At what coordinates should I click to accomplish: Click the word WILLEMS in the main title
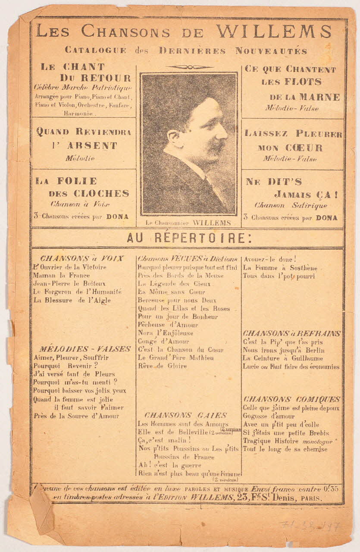pos(274,31)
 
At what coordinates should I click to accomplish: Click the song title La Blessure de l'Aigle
pos(72,300)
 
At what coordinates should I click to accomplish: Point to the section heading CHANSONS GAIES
pos(186,415)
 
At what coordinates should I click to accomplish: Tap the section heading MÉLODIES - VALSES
pos(85,349)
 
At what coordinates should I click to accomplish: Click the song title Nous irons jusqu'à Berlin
pos(283,350)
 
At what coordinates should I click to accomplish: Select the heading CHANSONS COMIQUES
pos(292,399)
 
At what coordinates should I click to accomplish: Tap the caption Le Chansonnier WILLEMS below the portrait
pos(188,223)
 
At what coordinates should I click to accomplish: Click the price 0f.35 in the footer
pos(332,489)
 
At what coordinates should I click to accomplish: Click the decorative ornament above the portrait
pos(189,67)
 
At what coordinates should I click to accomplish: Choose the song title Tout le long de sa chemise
pos(285,449)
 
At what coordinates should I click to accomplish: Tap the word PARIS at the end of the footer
pos(311,498)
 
